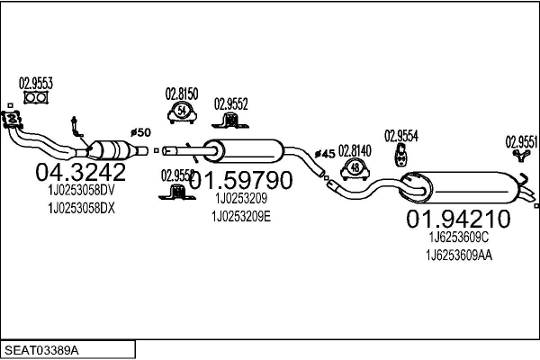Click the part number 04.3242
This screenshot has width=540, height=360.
(x=75, y=172)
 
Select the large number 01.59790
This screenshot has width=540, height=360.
(x=240, y=180)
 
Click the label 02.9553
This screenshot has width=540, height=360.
(x=36, y=83)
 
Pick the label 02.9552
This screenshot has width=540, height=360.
(x=230, y=103)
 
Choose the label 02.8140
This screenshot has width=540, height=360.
(x=355, y=150)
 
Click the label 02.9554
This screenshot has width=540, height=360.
(x=401, y=136)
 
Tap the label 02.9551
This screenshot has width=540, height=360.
(x=521, y=140)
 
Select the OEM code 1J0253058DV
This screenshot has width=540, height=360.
(x=81, y=191)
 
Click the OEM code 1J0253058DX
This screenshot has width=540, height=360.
(x=81, y=208)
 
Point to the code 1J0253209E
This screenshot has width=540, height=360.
(x=240, y=216)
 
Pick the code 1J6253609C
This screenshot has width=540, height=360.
(x=458, y=238)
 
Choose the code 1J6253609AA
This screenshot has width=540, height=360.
(x=460, y=256)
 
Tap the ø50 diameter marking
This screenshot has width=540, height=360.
(x=140, y=131)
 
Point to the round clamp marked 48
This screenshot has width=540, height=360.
(x=356, y=167)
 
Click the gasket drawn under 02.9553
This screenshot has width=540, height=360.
(x=35, y=97)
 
